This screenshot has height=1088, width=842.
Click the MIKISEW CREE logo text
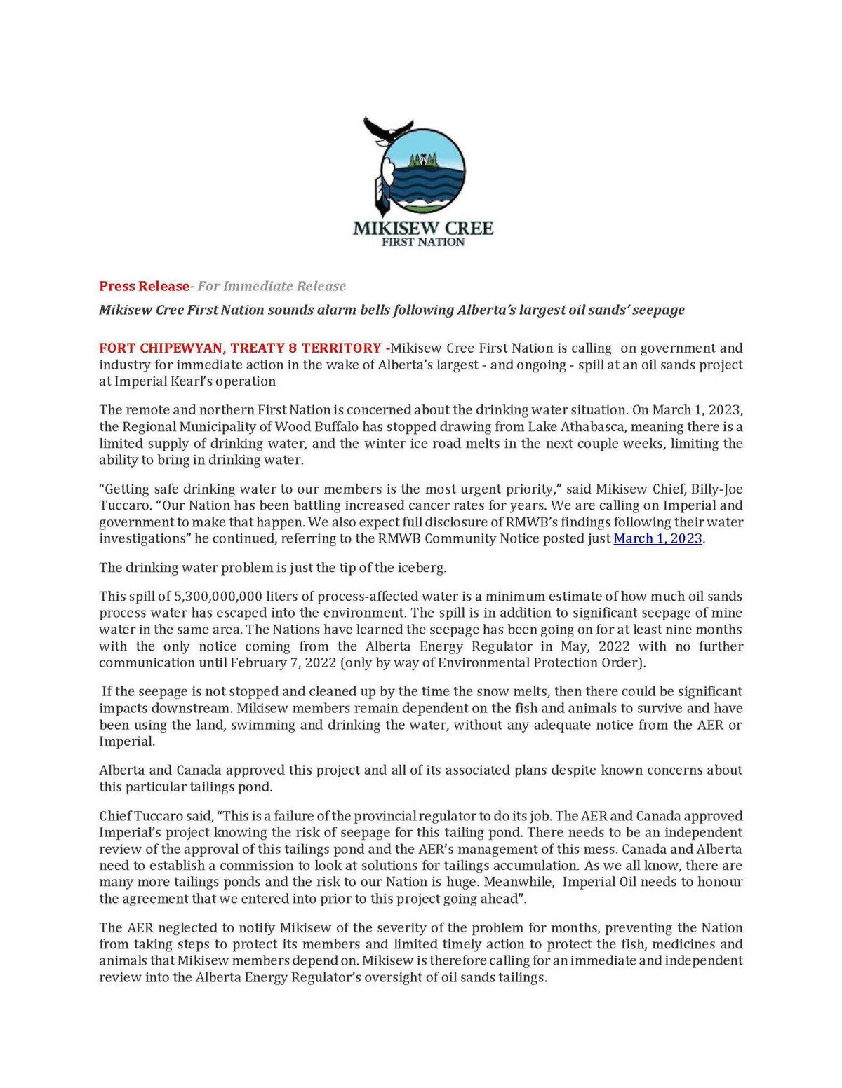click(422, 228)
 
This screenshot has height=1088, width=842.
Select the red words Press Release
click(144, 286)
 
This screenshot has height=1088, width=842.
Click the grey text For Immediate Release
click(272, 286)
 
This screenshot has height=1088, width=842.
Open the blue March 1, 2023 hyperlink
click(657, 538)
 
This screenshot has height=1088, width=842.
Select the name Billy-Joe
click(716, 489)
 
